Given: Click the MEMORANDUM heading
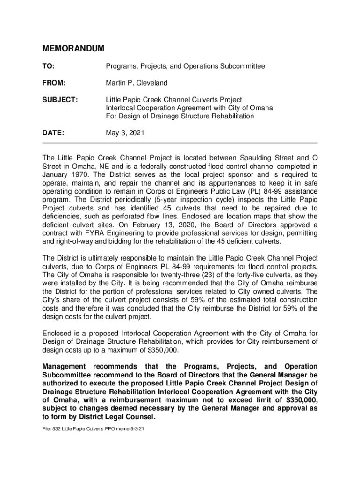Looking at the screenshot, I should pos(73,49).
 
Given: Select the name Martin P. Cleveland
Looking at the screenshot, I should pos(137,83).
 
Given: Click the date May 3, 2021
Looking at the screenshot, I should pos(125,133).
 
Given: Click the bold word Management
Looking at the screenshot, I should pos(64,366).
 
